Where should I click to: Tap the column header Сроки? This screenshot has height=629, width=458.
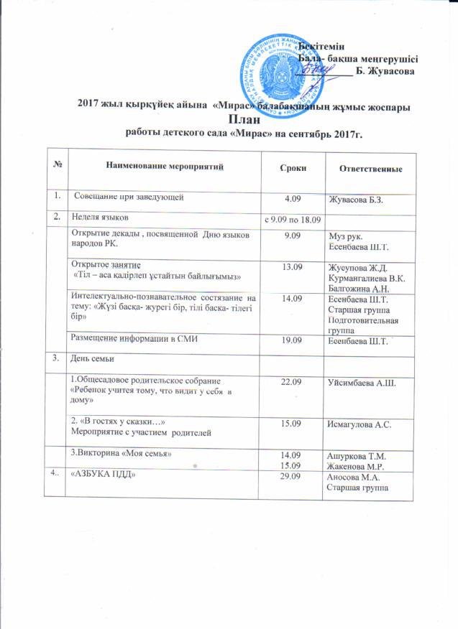tap(292, 167)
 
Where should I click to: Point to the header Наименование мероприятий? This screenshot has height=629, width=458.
tap(165, 167)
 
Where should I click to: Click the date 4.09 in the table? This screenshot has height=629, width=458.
tap(293, 197)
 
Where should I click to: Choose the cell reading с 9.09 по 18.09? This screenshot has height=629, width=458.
tap(293, 218)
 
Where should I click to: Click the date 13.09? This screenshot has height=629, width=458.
tap(292, 267)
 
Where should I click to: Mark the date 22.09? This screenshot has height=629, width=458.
tap(293, 381)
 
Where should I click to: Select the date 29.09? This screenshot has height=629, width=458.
tap(292, 476)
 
